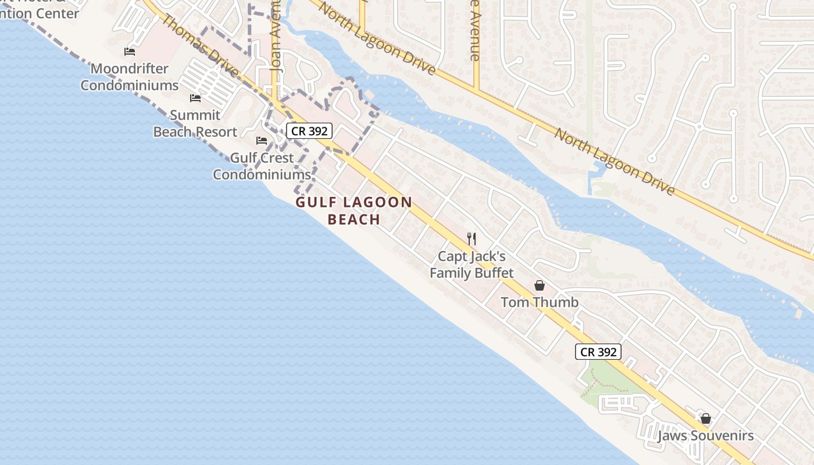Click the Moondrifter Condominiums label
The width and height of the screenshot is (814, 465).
(129, 77)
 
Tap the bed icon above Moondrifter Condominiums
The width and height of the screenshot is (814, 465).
(130, 52)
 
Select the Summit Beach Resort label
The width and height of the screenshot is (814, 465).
(195, 123)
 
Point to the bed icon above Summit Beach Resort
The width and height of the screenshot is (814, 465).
(195, 98)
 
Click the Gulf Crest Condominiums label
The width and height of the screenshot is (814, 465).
(262, 166)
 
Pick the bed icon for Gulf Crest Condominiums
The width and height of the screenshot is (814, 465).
(262, 141)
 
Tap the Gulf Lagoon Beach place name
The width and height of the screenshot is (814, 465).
(354, 210)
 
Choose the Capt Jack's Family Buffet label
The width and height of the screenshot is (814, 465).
(472, 264)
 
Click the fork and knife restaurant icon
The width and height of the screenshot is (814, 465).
(472, 238)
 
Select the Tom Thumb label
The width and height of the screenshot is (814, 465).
(540, 302)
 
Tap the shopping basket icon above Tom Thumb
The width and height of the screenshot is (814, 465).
(540, 285)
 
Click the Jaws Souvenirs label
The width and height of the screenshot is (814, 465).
(705, 436)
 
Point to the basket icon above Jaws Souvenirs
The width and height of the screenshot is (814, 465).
(706, 419)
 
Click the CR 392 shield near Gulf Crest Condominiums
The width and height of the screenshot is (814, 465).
(309, 131)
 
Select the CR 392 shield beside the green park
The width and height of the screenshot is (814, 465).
(598, 352)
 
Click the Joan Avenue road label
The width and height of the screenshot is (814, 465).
(276, 41)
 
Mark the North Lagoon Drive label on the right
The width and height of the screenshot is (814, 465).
(615, 162)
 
